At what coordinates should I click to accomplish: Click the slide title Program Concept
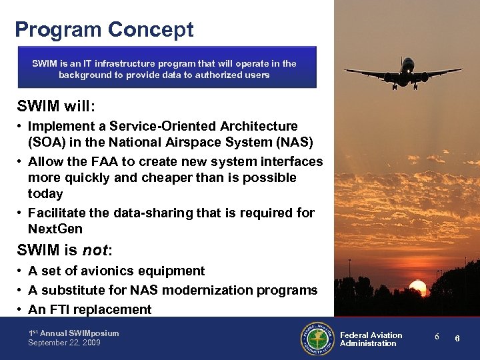pos(104,30)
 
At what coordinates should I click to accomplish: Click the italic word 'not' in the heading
pos(96,250)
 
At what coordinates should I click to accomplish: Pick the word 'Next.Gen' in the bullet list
pos(55,229)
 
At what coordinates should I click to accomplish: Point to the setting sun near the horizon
pos(417,289)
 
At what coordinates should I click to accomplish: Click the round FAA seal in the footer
pos(318,339)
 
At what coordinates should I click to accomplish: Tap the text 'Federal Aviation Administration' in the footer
pos(371,339)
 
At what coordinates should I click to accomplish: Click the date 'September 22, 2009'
pos(64,343)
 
